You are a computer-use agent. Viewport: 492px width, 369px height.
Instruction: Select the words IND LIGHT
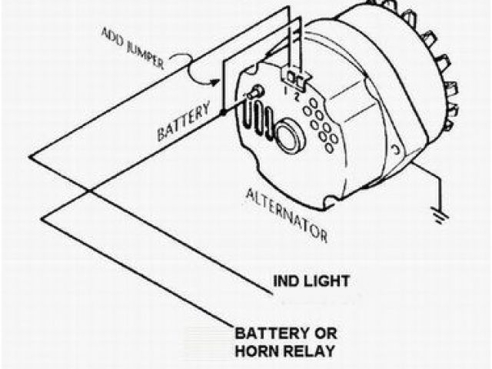point(311,281)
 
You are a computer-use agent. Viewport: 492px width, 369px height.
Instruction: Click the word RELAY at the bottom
point(307,352)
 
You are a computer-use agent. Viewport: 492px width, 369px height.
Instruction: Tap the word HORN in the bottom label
point(255,352)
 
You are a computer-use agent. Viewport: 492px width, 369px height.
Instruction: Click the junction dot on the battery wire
point(223,112)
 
